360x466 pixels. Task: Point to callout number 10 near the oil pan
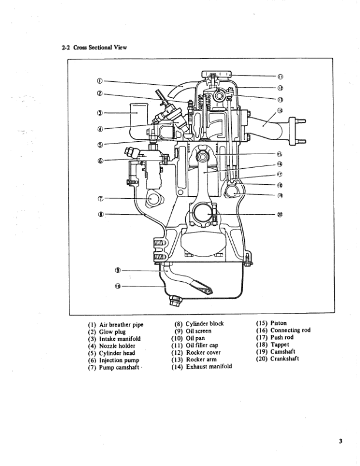[x=117, y=287]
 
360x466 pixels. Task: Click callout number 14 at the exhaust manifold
[x=280, y=111]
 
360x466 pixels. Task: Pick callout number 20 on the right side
[x=280, y=214]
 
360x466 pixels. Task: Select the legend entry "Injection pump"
[x=119, y=361]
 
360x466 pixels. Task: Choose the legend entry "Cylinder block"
[x=205, y=324]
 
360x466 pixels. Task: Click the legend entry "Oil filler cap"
[x=202, y=345]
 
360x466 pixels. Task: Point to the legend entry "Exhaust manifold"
[x=209, y=367]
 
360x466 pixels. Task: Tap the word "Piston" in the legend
[x=279, y=323]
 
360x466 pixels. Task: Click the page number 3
[x=341, y=442]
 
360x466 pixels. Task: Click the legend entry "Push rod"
[x=282, y=338]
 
